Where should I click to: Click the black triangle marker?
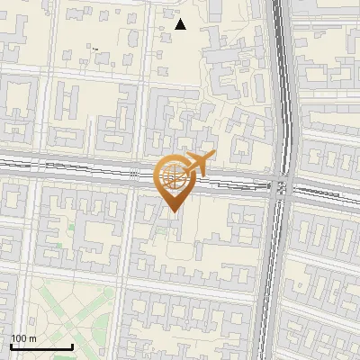[181, 24]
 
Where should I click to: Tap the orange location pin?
[173, 180]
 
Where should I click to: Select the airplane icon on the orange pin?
[195, 165]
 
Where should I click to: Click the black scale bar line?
[41, 346]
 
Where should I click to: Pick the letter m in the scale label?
[33, 338]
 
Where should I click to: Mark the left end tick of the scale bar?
[11, 345]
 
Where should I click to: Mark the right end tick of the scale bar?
[72, 345]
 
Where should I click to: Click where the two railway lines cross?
[279, 187]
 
